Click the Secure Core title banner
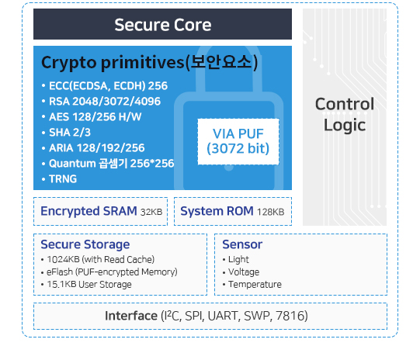[162, 24]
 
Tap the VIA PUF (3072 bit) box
[238, 141]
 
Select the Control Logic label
[345, 114]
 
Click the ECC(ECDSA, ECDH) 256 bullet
[105, 86]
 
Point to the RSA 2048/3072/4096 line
[101, 102]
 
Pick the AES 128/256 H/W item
[92, 117]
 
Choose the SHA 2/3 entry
[66, 133]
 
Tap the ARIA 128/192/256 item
[93, 148]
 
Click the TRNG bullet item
[59, 179]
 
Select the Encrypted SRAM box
[100, 212]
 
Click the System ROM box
[233, 212]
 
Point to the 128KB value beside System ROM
[270, 212]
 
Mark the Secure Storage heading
[85, 244]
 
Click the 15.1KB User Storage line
[86, 284]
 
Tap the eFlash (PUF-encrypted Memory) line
[109, 272]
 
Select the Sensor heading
[242, 244]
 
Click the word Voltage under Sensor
[244, 272]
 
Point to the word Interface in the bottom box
[131, 316]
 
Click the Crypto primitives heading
[150, 63]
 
